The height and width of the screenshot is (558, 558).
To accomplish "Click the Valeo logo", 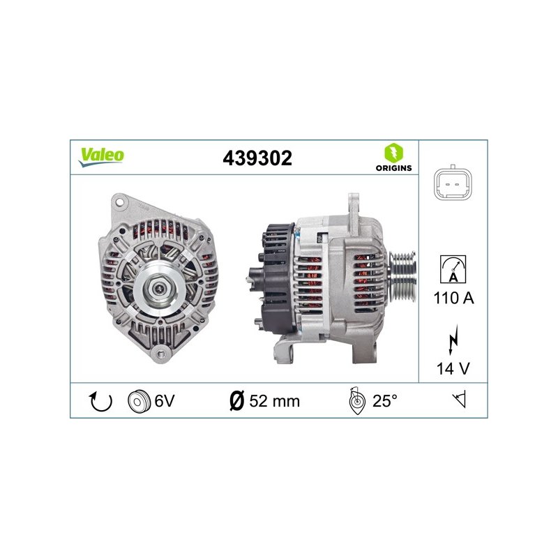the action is point(101,156).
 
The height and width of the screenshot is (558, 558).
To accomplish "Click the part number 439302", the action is point(257,158).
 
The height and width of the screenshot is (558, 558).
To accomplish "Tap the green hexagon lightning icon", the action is point(393,153).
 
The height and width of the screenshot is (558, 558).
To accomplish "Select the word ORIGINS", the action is point(393,168).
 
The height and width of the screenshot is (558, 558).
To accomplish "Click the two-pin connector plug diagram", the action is point(453,183).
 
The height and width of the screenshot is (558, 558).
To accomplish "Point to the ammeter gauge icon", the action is point(453,269).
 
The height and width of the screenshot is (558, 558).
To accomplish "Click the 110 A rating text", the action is point(454,298).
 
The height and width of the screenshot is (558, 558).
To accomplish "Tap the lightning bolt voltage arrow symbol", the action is point(453,340).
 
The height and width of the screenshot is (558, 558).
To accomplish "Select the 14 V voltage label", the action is point(453,368).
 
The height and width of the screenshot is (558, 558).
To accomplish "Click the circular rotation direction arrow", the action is point(100,401).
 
